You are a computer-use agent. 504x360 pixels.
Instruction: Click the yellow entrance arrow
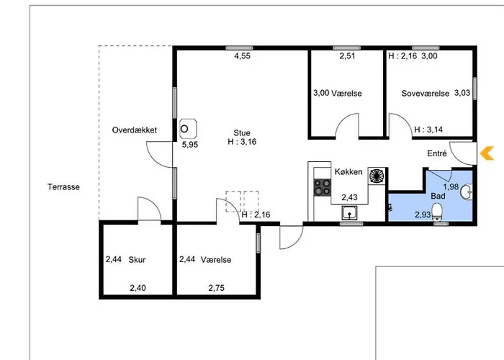[x=487, y=153]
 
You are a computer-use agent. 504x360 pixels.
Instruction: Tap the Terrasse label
[x=63, y=186]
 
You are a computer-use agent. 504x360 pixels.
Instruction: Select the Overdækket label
[x=135, y=130]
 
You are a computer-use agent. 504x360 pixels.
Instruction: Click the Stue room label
[x=242, y=132]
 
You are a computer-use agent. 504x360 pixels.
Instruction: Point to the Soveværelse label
[x=426, y=93]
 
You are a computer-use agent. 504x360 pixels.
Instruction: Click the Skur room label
[x=137, y=259]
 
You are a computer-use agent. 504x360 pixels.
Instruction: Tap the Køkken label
[x=348, y=171]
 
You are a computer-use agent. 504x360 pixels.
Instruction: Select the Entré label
[x=437, y=153]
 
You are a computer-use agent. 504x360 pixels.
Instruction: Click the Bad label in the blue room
[x=438, y=196]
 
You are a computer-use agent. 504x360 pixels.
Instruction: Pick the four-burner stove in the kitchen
[x=323, y=187]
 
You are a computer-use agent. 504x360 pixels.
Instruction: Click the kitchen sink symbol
[x=349, y=213]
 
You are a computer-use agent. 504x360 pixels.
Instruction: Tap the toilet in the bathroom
[x=438, y=212]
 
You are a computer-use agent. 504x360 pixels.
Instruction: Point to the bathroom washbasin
[x=467, y=192]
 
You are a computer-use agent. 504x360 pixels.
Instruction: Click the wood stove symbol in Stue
[x=188, y=129]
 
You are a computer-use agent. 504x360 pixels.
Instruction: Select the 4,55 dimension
[x=242, y=56]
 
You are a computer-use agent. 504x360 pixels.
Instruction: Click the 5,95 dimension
[x=190, y=144]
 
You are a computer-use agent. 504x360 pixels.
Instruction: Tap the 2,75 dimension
[x=216, y=288]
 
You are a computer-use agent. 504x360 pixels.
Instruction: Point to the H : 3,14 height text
[x=428, y=130]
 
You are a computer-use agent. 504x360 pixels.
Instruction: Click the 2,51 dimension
[x=348, y=56]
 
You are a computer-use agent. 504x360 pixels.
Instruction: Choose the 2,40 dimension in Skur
[x=138, y=288]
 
